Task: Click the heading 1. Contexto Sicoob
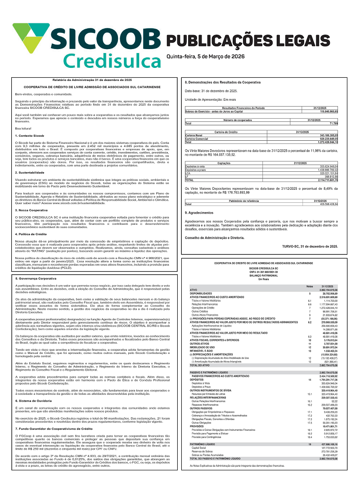coord(29,135)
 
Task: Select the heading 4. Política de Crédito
coord(34,235)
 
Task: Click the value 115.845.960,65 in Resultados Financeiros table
coord(325,111)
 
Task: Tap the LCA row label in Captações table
coord(188,172)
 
